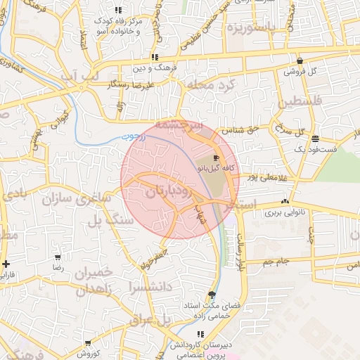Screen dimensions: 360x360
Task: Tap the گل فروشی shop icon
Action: pyautogui.click(x=300, y=60)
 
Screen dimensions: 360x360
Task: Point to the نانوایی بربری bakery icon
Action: pyautogui.click(x=284, y=201)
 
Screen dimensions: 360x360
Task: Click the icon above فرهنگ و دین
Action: pyautogui.click(x=154, y=58)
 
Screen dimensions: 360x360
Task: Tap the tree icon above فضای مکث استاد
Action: pyautogui.click(x=212, y=295)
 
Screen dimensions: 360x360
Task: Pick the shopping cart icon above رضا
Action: pyautogui.click(x=57, y=257)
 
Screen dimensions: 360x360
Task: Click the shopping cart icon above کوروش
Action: pyautogui.click(x=88, y=343)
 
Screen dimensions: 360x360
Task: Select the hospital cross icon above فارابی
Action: pyautogui.click(x=6, y=264)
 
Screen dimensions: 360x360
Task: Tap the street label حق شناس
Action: pyautogui.click(x=237, y=130)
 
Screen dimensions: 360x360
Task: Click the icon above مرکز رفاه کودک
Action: pyautogui.click(x=118, y=10)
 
